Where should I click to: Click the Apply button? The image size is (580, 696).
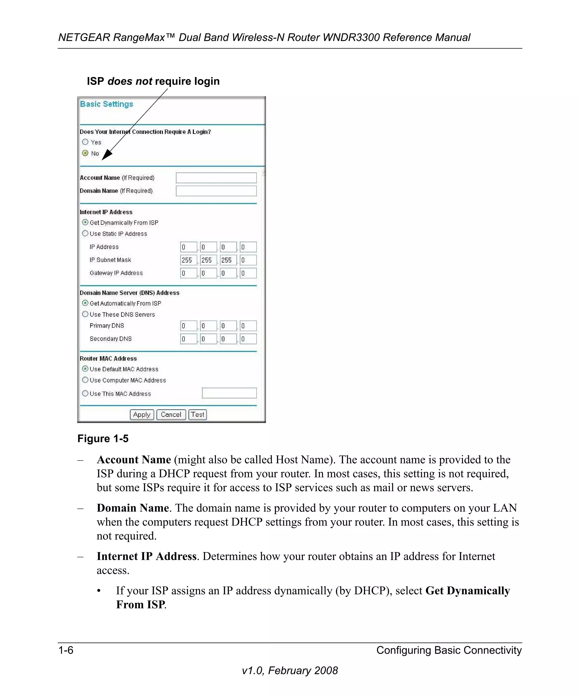click(x=142, y=415)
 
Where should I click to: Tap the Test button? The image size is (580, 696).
click(x=197, y=415)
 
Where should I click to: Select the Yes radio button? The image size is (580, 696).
click(x=85, y=142)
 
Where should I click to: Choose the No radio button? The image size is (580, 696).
click(x=85, y=153)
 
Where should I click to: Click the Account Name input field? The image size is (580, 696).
click(x=216, y=178)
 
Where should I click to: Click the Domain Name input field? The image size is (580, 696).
click(x=216, y=191)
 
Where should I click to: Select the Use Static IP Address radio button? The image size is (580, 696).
click(x=85, y=233)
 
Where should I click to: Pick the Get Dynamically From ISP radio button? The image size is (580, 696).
click(x=85, y=222)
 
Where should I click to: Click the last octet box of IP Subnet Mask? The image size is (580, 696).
click(x=248, y=260)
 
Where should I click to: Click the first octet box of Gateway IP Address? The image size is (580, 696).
click(x=188, y=273)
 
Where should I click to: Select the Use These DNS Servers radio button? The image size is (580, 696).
click(x=85, y=314)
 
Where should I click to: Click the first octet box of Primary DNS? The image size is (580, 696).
click(x=188, y=326)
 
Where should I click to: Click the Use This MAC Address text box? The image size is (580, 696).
click(x=229, y=393)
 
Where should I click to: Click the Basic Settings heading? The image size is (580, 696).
click(x=106, y=104)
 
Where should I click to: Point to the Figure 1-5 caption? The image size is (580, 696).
click(x=103, y=439)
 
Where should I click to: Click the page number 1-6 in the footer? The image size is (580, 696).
click(x=66, y=650)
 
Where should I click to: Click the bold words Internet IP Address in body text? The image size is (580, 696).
click(x=146, y=556)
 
